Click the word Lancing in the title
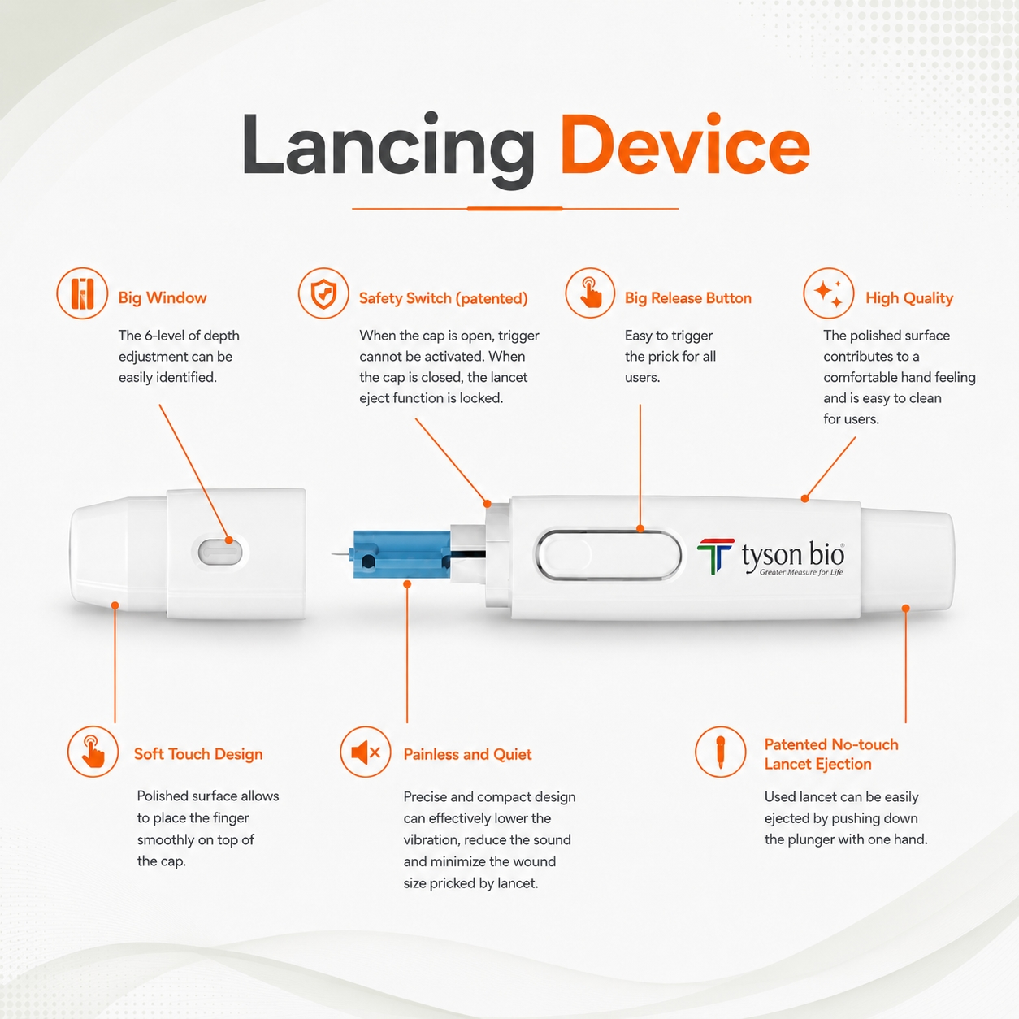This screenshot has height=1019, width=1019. click(x=388, y=150)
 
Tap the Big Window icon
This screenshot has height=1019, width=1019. click(x=83, y=293)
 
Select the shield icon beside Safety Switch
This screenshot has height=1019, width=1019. click(x=323, y=293)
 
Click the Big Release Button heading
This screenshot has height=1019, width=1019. click(x=688, y=298)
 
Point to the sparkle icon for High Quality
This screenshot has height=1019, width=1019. click(x=829, y=293)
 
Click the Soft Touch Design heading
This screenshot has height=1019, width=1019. click(x=198, y=754)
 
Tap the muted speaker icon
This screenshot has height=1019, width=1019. click(x=366, y=752)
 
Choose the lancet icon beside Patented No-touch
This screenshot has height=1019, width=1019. click(x=720, y=752)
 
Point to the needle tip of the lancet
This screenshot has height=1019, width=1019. click(x=333, y=554)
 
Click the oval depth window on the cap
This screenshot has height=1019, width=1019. click(x=220, y=553)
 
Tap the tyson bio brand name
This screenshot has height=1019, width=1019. click(x=792, y=555)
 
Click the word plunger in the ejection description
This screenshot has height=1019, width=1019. click(x=809, y=840)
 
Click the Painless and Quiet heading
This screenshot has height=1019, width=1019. click(x=467, y=755)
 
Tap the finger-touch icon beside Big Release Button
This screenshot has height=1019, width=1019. click(x=590, y=293)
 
